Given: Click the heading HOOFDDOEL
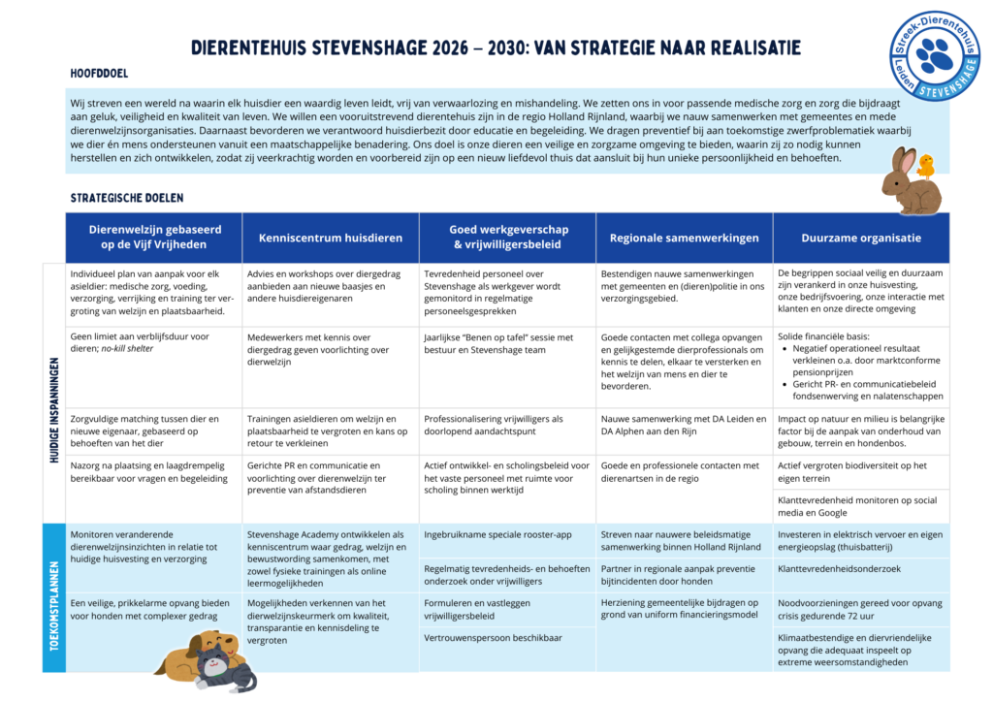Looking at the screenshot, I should [99, 73].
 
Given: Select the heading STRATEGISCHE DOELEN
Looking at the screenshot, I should [126, 198].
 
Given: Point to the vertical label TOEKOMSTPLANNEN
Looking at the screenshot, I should [54, 597].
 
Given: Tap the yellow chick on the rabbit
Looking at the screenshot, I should [925, 165].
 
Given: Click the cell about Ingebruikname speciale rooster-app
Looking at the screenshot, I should [507, 534].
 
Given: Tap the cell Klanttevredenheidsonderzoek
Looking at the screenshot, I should [860, 569].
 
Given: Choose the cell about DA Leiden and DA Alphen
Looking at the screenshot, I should [685, 425].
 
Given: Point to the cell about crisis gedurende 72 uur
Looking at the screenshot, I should [860, 610].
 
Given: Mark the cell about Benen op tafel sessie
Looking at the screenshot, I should [507, 343].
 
